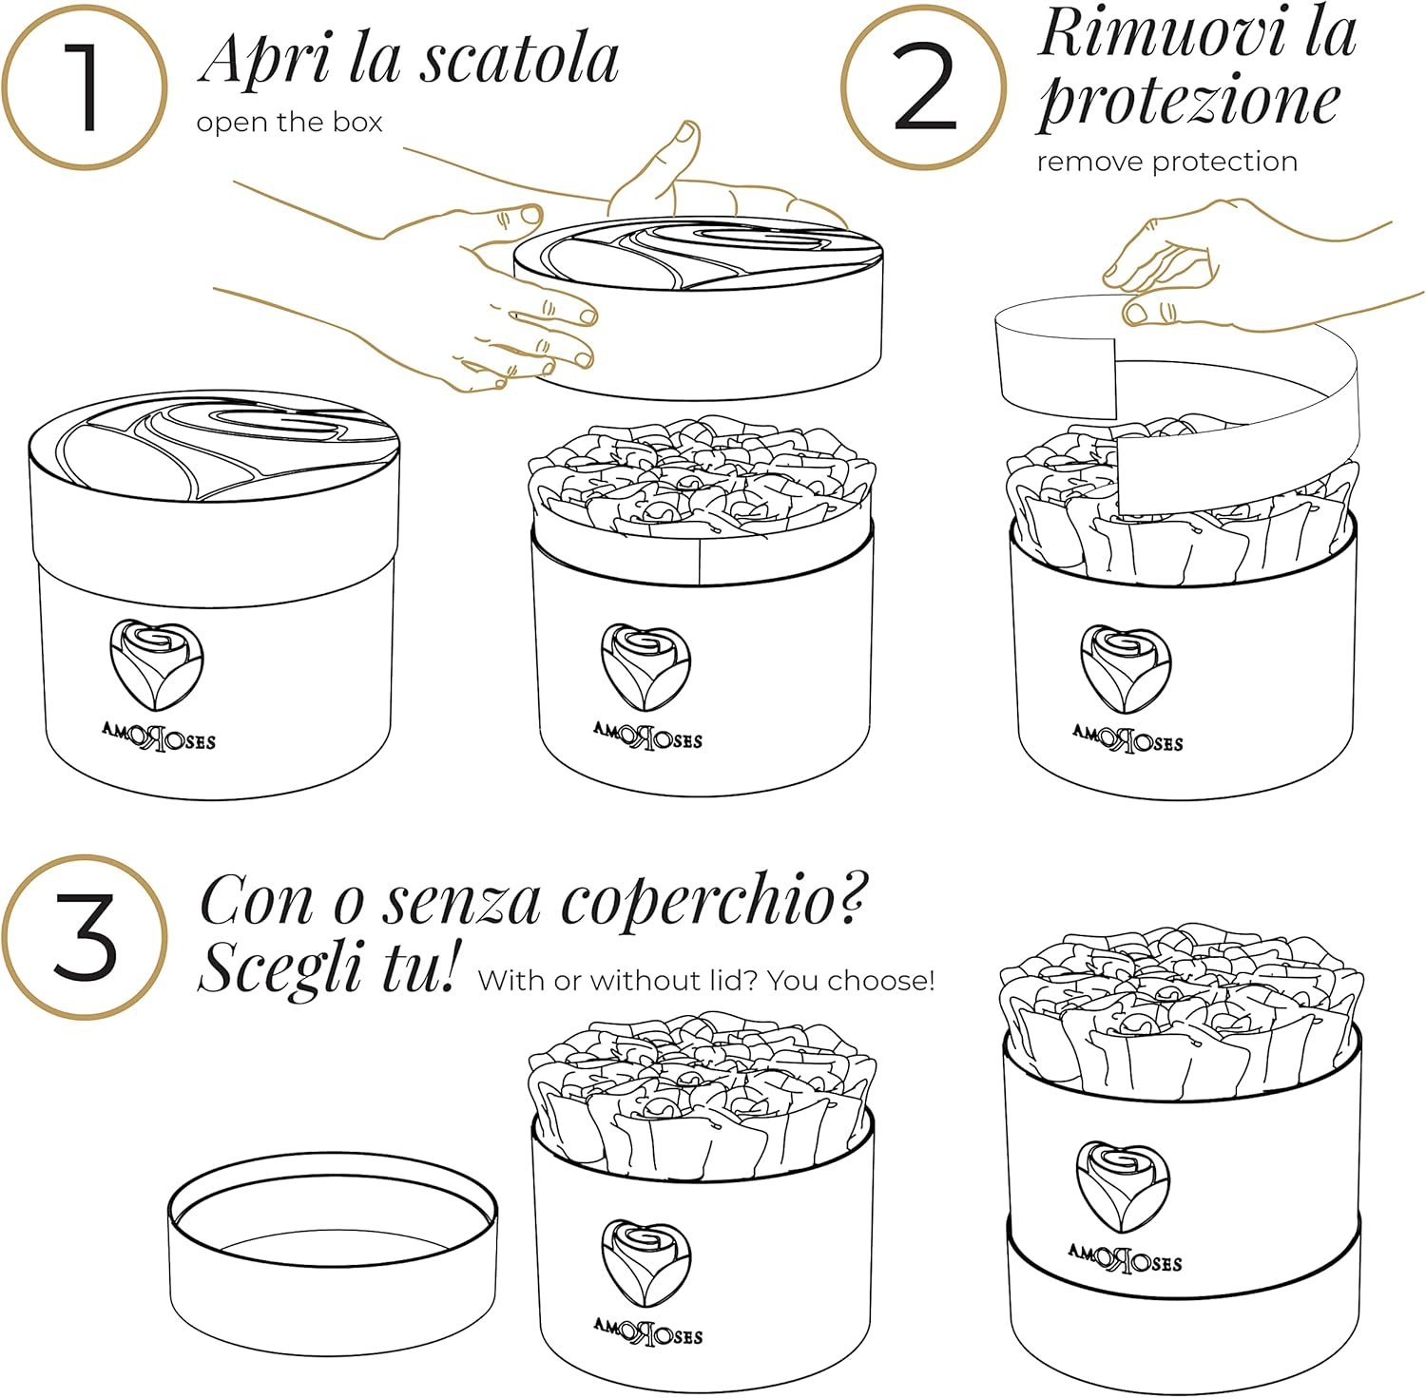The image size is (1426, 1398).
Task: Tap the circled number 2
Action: tap(924, 87)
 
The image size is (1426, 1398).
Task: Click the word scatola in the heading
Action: tap(519, 59)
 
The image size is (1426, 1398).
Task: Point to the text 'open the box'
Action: tap(289, 123)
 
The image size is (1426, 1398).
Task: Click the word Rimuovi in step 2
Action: tap(1160, 33)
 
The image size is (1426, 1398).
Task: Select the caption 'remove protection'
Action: tap(1166, 162)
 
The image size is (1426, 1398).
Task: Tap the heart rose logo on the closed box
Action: tap(157, 663)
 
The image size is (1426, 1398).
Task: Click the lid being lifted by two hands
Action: tap(699, 304)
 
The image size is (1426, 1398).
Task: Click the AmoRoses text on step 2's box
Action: tap(1127, 738)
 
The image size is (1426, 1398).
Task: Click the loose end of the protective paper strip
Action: tap(1055, 366)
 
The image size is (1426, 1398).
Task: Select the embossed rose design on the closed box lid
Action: tap(214, 447)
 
